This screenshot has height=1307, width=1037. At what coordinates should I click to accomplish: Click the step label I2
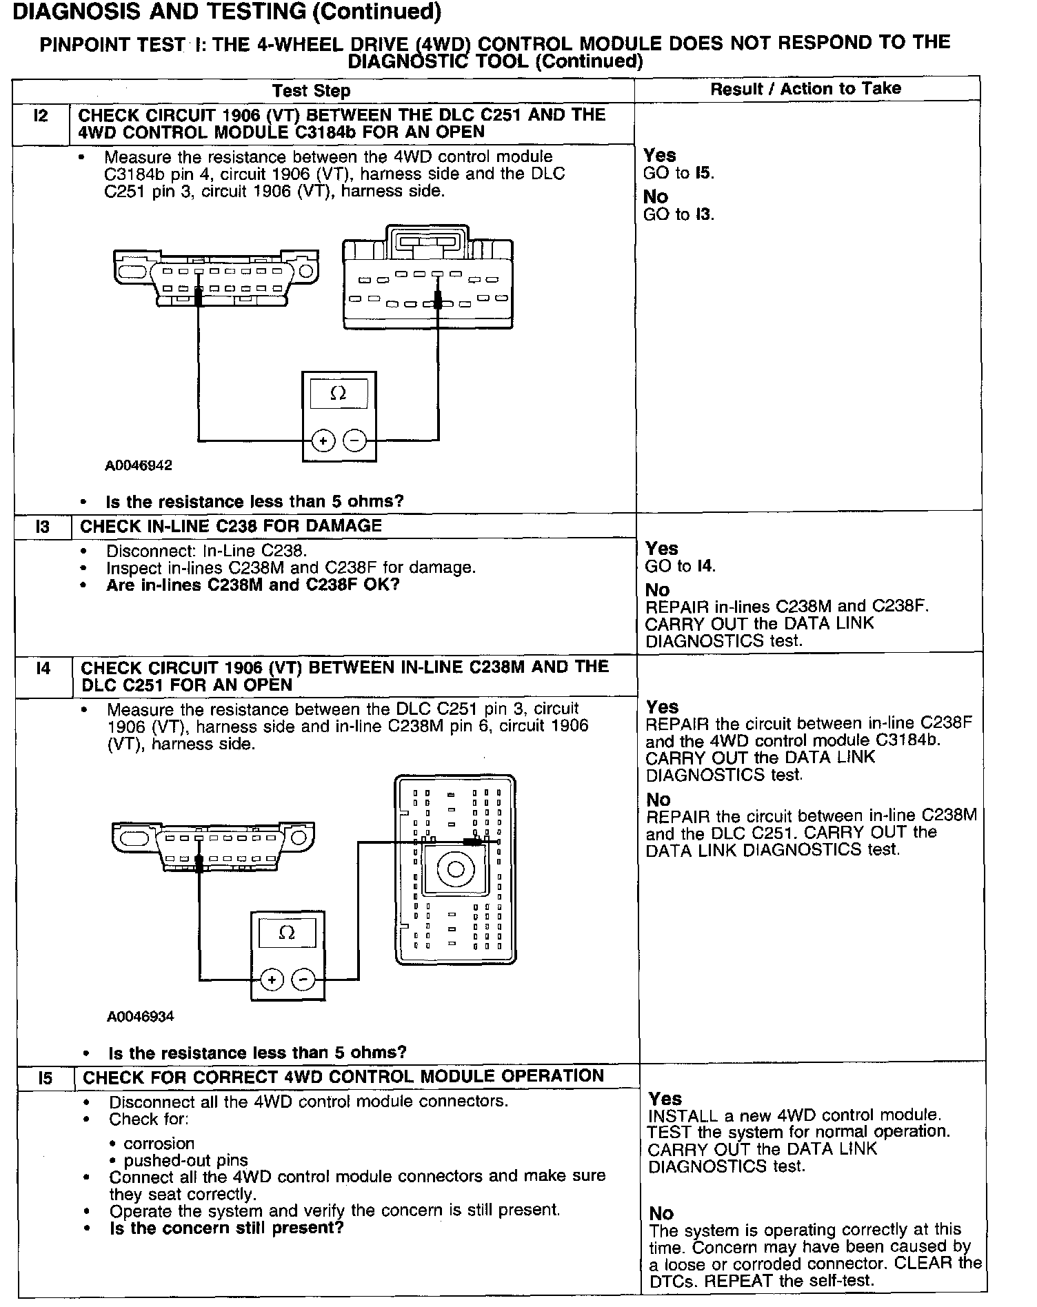[x=41, y=116]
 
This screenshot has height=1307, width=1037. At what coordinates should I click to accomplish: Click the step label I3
[x=43, y=527]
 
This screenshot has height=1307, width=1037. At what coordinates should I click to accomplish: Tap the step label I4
[x=43, y=668]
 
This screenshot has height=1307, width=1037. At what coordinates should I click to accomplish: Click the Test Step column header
[x=311, y=91]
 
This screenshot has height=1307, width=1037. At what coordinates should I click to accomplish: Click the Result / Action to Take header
[x=805, y=88]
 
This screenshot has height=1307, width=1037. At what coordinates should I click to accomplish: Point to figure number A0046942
[x=139, y=465]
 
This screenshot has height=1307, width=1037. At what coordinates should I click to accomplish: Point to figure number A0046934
[x=141, y=1016]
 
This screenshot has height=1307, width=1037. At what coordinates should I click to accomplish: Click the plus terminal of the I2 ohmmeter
[x=323, y=440]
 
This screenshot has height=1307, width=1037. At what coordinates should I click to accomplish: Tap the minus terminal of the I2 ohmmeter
[x=355, y=440]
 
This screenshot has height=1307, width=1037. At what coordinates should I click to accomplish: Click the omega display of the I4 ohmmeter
[x=288, y=933]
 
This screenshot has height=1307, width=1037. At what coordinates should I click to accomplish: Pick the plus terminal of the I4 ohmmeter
[x=272, y=980]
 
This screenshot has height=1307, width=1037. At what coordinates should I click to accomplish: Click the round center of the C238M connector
[x=455, y=869]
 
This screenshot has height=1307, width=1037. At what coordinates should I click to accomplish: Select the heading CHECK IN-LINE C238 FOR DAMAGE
[x=231, y=526]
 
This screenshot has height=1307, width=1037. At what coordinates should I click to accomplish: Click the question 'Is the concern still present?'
[x=226, y=1228]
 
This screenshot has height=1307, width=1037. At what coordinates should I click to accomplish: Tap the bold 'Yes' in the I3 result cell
[x=662, y=549]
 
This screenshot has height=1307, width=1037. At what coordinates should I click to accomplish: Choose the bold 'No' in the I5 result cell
[x=661, y=1213]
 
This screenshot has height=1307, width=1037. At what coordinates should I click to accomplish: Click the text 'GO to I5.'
[x=678, y=173]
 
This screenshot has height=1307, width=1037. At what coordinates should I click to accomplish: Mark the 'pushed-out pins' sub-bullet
[x=186, y=1160]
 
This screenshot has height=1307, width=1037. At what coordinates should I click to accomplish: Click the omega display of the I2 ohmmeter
[x=339, y=394]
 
